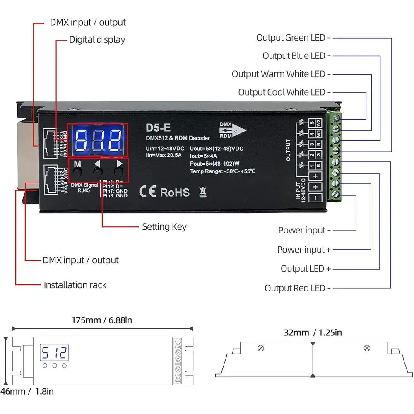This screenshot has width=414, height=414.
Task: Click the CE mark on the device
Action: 147,192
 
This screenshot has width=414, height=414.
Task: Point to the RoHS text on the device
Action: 175,192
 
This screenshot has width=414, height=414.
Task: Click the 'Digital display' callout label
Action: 97,40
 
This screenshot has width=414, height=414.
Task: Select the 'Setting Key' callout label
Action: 164,227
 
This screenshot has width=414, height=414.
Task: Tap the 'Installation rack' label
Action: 75,285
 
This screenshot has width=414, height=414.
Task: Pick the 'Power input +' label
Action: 304,250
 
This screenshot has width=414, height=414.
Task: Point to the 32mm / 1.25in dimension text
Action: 313,332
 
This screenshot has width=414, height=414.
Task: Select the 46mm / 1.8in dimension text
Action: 27,391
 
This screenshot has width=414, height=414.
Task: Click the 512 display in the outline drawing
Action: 54,353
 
